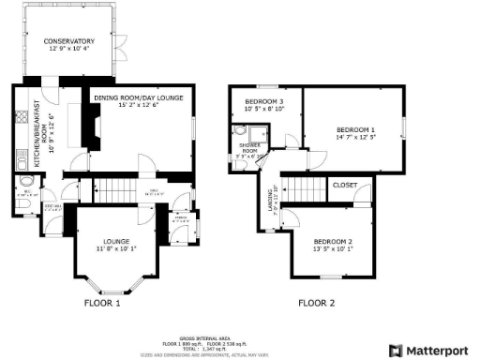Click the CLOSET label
[345, 186]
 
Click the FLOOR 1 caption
[103, 303]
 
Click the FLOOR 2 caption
[316, 303]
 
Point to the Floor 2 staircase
[299, 185]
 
